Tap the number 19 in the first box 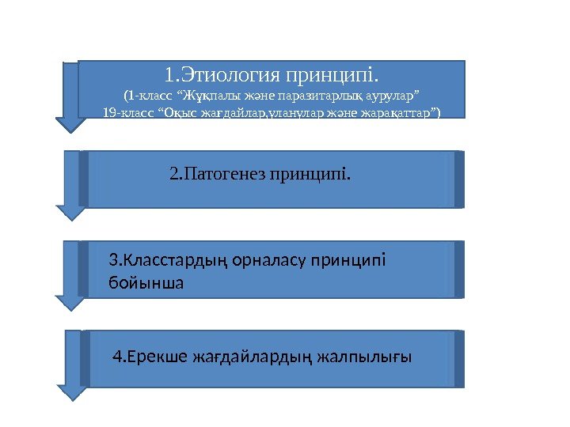[x=110, y=112]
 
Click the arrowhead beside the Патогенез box [x=71, y=211]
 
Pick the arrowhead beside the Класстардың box [x=71, y=301]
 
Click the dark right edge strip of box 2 [x=459, y=179]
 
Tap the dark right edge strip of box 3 [x=459, y=270]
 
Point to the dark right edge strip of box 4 [x=459, y=359]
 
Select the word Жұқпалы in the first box [x=206, y=96]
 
